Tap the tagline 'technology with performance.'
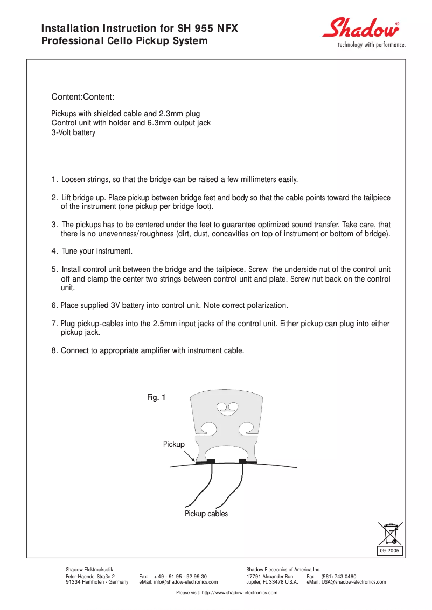tap(371, 45)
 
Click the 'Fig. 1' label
tap(156, 397)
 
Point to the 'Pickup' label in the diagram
tap(173, 444)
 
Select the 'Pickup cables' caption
tap(206, 514)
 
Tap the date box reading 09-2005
tap(389, 551)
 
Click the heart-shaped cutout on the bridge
tap(226, 409)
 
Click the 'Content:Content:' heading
tap(82, 97)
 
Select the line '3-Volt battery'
tap(73, 132)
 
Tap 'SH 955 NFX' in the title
tap(207, 29)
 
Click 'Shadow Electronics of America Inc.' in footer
tap(283, 570)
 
